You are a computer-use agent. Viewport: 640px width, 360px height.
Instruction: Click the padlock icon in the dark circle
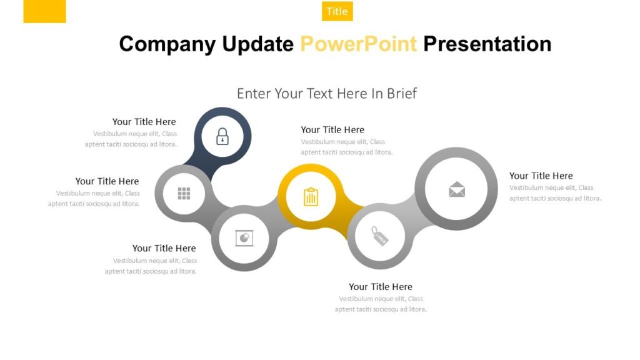(222, 136)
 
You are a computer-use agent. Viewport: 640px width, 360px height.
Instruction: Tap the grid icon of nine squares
(184, 193)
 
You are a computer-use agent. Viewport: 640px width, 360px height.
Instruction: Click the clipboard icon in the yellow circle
(311, 197)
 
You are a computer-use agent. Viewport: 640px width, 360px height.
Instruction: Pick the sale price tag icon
(379, 237)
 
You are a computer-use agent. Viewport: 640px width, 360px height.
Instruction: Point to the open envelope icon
(457, 189)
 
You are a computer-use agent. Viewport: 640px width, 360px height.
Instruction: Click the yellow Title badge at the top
(337, 11)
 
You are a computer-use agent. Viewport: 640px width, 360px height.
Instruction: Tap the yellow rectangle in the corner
(44, 11)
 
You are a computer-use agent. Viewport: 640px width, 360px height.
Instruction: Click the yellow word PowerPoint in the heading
(358, 44)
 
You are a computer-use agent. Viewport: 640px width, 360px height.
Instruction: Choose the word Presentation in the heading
(487, 44)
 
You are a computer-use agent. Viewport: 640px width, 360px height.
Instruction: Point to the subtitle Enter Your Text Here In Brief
(326, 94)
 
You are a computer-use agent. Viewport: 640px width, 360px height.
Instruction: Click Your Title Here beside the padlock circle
(144, 122)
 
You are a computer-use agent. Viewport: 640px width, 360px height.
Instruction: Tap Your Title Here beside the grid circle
(107, 181)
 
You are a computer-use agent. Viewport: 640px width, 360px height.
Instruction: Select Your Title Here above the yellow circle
(332, 130)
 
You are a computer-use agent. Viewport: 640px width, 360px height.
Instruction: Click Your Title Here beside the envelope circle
(541, 176)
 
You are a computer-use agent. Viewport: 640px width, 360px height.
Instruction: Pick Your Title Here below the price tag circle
(380, 287)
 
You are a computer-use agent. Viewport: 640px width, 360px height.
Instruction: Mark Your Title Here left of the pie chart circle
(164, 248)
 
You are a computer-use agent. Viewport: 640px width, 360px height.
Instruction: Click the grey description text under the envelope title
(555, 193)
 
